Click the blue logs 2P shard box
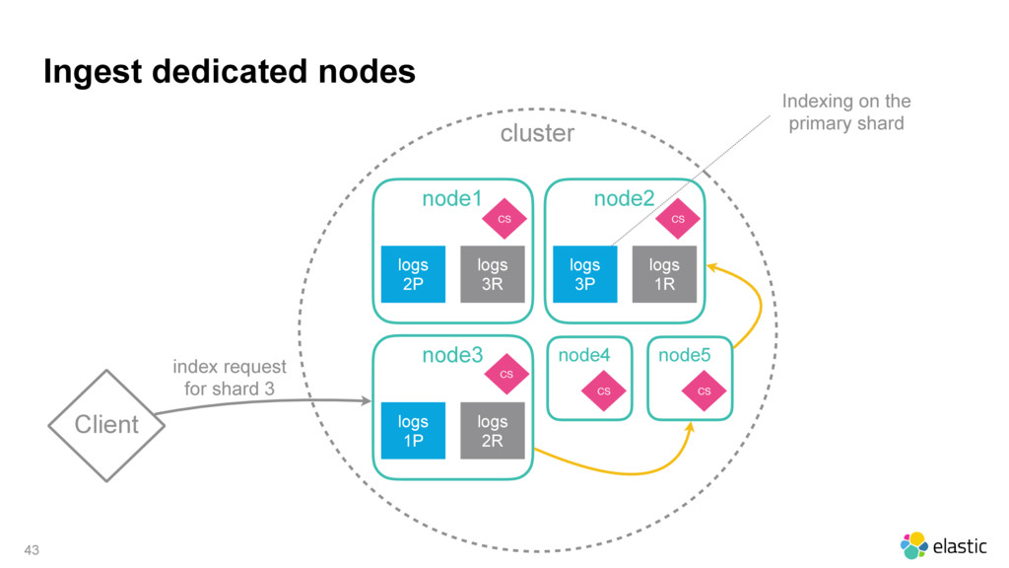[x=413, y=274]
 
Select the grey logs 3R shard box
[x=493, y=274]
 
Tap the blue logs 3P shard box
[x=585, y=274]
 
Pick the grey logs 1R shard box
[x=664, y=274]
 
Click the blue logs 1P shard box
[x=413, y=431]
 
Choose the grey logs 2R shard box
[x=493, y=431]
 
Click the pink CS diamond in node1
[x=504, y=219]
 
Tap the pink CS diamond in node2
[x=678, y=219]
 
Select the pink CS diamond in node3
[x=506, y=374]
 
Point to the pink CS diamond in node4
[x=604, y=390]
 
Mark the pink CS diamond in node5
[x=704, y=390]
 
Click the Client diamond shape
[x=106, y=425]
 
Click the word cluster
[x=537, y=133]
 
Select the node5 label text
[x=685, y=355]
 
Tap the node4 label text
[x=584, y=355]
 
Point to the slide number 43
[x=32, y=550]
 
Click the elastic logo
[x=943, y=545]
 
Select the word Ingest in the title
[x=93, y=72]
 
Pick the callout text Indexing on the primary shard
[x=846, y=112]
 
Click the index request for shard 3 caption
[x=230, y=378]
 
